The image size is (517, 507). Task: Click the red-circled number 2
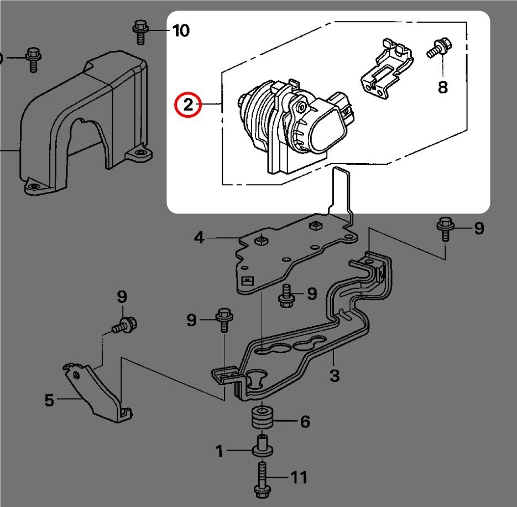pyautogui.click(x=189, y=104)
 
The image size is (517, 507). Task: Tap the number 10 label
pyautogui.click(x=180, y=30)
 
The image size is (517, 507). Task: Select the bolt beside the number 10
pyautogui.click(x=140, y=32)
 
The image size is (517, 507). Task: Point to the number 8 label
pyautogui.click(x=442, y=87)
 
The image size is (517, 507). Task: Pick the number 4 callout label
pyautogui.click(x=199, y=238)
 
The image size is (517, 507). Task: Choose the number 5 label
pyautogui.click(x=49, y=400)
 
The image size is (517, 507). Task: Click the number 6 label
pyautogui.click(x=305, y=422)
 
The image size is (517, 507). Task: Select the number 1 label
pyautogui.click(x=220, y=452)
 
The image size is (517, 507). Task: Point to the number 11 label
pyautogui.click(x=299, y=477)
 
